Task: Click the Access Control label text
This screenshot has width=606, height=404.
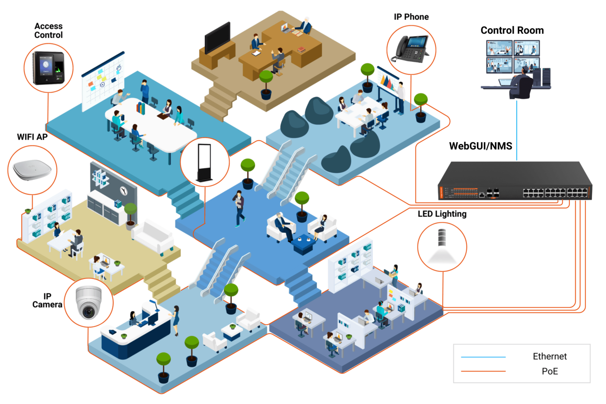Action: pyautogui.click(x=48, y=30)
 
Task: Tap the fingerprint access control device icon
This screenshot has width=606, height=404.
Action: pyautogui.click(x=49, y=68)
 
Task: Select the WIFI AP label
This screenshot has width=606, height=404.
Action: pyautogui.click(x=32, y=137)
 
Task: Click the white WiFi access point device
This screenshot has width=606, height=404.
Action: pyautogui.click(x=32, y=170)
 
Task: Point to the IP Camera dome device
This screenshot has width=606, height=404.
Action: pyautogui.click(x=89, y=302)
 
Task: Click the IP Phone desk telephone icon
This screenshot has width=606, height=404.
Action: pyautogui.click(x=411, y=49)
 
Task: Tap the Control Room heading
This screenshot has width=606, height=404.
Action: pyautogui.click(x=512, y=30)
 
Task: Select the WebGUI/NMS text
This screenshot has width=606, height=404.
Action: pyautogui.click(x=480, y=146)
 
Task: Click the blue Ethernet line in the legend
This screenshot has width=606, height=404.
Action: pyautogui.click(x=483, y=357)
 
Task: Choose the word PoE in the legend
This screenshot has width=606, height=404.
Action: pyautogui.click(x=550, y=371)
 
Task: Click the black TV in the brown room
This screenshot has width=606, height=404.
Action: pyautogui.click(x=217, y=37)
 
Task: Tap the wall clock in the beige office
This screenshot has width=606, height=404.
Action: pyautogui.click(x=124, y=191)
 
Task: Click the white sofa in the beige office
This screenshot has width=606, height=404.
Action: pyautogui.click(x=153, y=236)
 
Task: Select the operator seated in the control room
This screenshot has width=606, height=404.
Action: pyautogui.click(x=522, y=85)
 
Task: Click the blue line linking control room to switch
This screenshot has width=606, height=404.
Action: pyautogui.click(x=516, y=130)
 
